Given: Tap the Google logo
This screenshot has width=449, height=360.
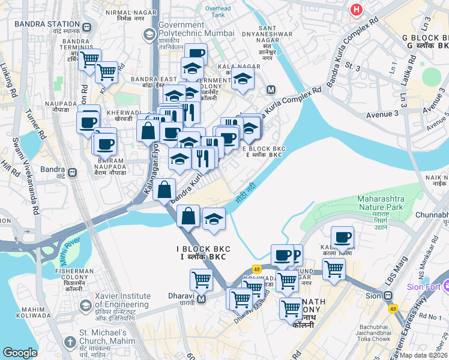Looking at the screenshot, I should [20, 353].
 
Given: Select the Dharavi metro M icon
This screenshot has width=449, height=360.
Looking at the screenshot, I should [202, 299].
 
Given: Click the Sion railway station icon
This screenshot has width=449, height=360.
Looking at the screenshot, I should [388, 295].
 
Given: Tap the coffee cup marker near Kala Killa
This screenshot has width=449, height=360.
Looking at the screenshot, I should [342, 237].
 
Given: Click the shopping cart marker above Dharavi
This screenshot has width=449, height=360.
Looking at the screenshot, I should [201, 279].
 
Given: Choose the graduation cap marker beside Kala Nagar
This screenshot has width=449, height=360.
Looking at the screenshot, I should [243, 79].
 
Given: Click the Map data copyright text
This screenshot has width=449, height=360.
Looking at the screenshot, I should [424, 355].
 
